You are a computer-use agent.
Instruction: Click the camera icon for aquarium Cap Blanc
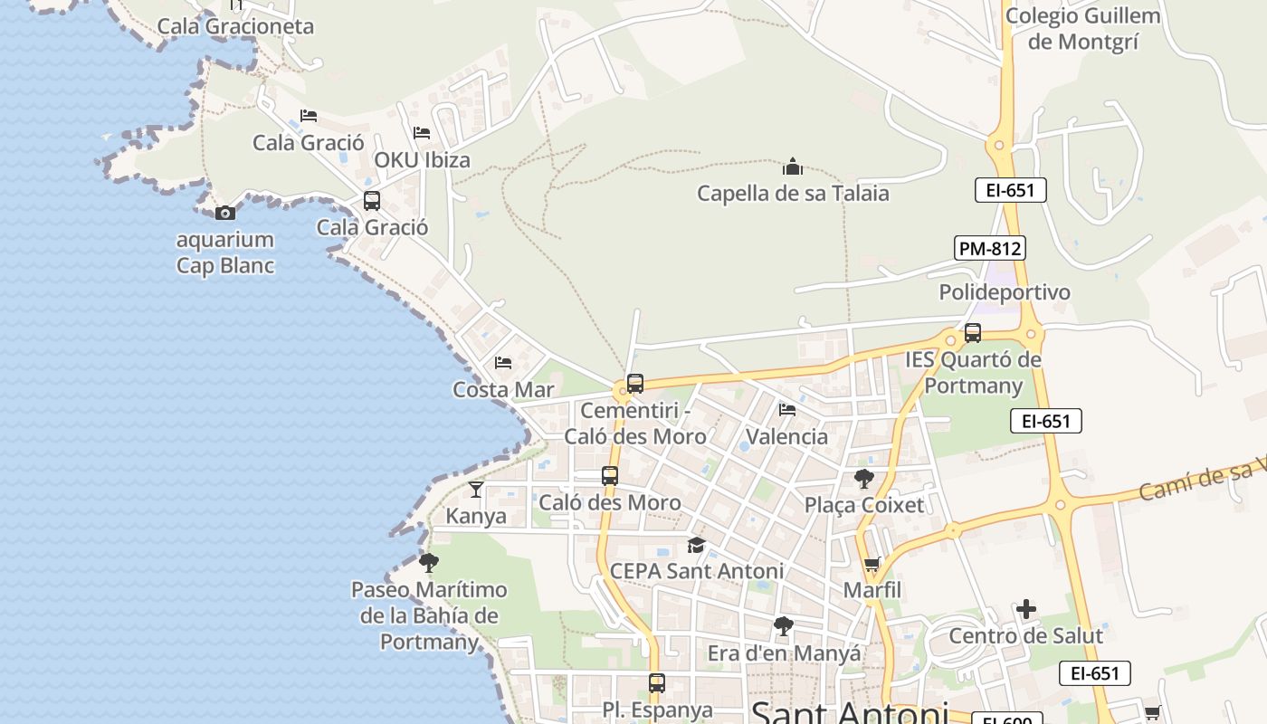(225, 214)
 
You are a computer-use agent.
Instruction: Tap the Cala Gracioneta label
(235, 26)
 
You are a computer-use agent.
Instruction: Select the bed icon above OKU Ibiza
(422, 133)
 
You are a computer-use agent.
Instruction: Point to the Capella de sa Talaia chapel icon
(793, 167)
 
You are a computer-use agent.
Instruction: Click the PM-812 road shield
(989, 248)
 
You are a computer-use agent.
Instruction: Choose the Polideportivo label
(1005, 292)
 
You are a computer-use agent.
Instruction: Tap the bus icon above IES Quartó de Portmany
(973, 333)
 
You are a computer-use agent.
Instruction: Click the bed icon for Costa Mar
(503, 363)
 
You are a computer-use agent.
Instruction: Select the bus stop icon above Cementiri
(635, 384)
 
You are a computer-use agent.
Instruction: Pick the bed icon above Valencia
(787, 410)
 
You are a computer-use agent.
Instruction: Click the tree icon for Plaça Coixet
(864, 479)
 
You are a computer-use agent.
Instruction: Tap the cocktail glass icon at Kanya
(476, 490)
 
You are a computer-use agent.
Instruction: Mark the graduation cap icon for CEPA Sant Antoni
(696, 545)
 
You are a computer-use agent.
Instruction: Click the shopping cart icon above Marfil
(872, 565)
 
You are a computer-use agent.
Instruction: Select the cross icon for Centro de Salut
(1025, 609)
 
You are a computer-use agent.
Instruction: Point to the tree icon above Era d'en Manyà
(784, 626)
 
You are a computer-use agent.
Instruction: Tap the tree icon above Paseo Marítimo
(429, 563)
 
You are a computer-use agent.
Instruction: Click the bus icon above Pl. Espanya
(657, 683)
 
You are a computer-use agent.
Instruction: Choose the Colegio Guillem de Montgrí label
(1082, 29)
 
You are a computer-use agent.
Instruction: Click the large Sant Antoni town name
(849, 711)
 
